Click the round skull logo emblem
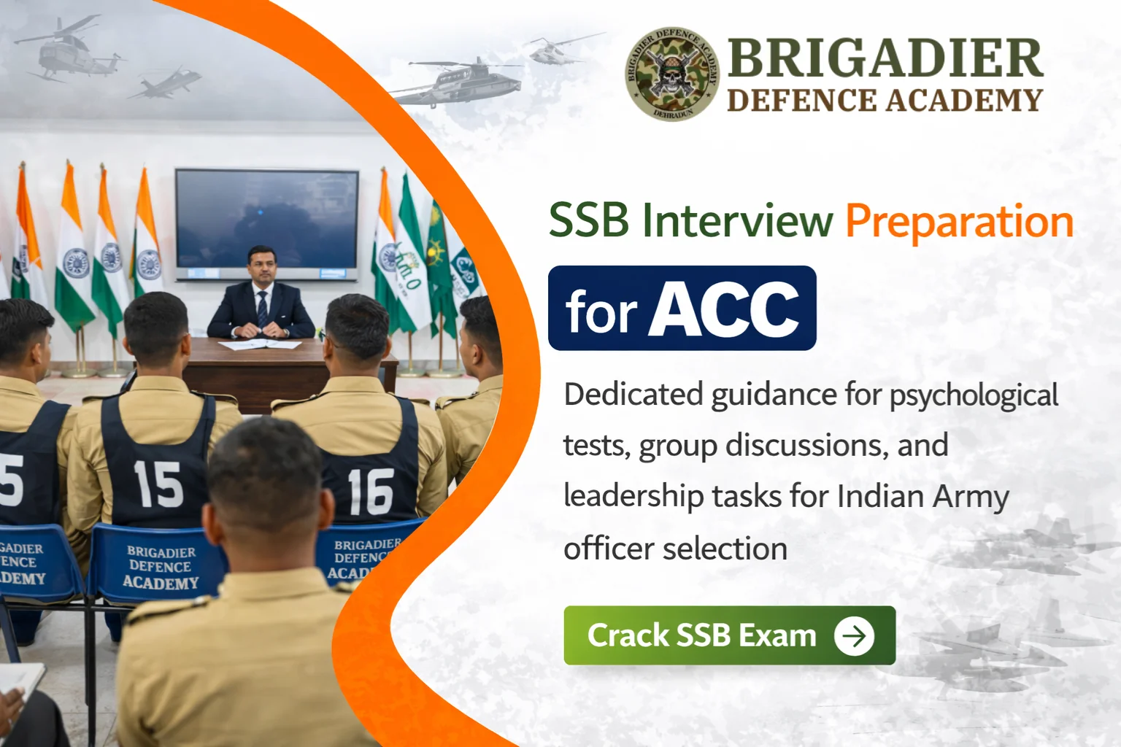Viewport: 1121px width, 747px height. point(672,74)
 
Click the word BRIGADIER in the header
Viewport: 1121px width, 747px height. point(885,58)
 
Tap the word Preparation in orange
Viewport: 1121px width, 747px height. point(959,222)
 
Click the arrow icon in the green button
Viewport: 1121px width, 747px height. point(854,635)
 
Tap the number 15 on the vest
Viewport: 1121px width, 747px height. point(158,484)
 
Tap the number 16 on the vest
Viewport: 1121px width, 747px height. point(370,491)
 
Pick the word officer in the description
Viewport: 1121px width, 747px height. point(608,549)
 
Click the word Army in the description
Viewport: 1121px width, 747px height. point(971,497)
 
